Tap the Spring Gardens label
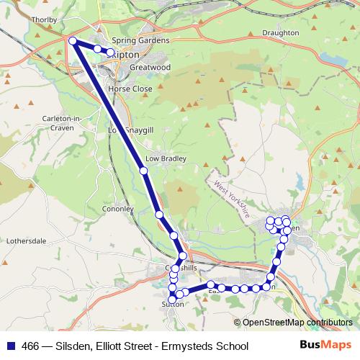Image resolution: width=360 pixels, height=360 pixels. [x=140, y=40]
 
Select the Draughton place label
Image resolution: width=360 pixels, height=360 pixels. [x=281, y=33]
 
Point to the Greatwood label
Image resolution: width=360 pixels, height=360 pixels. [x=150, y=68]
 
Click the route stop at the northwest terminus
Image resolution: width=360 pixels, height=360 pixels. [x=73, y=41]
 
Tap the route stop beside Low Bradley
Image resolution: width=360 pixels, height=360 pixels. [x=143, y=171]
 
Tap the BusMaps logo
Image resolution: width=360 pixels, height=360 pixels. [x=325, y=346]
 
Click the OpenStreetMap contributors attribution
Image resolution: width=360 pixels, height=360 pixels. [x=297, y=323]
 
